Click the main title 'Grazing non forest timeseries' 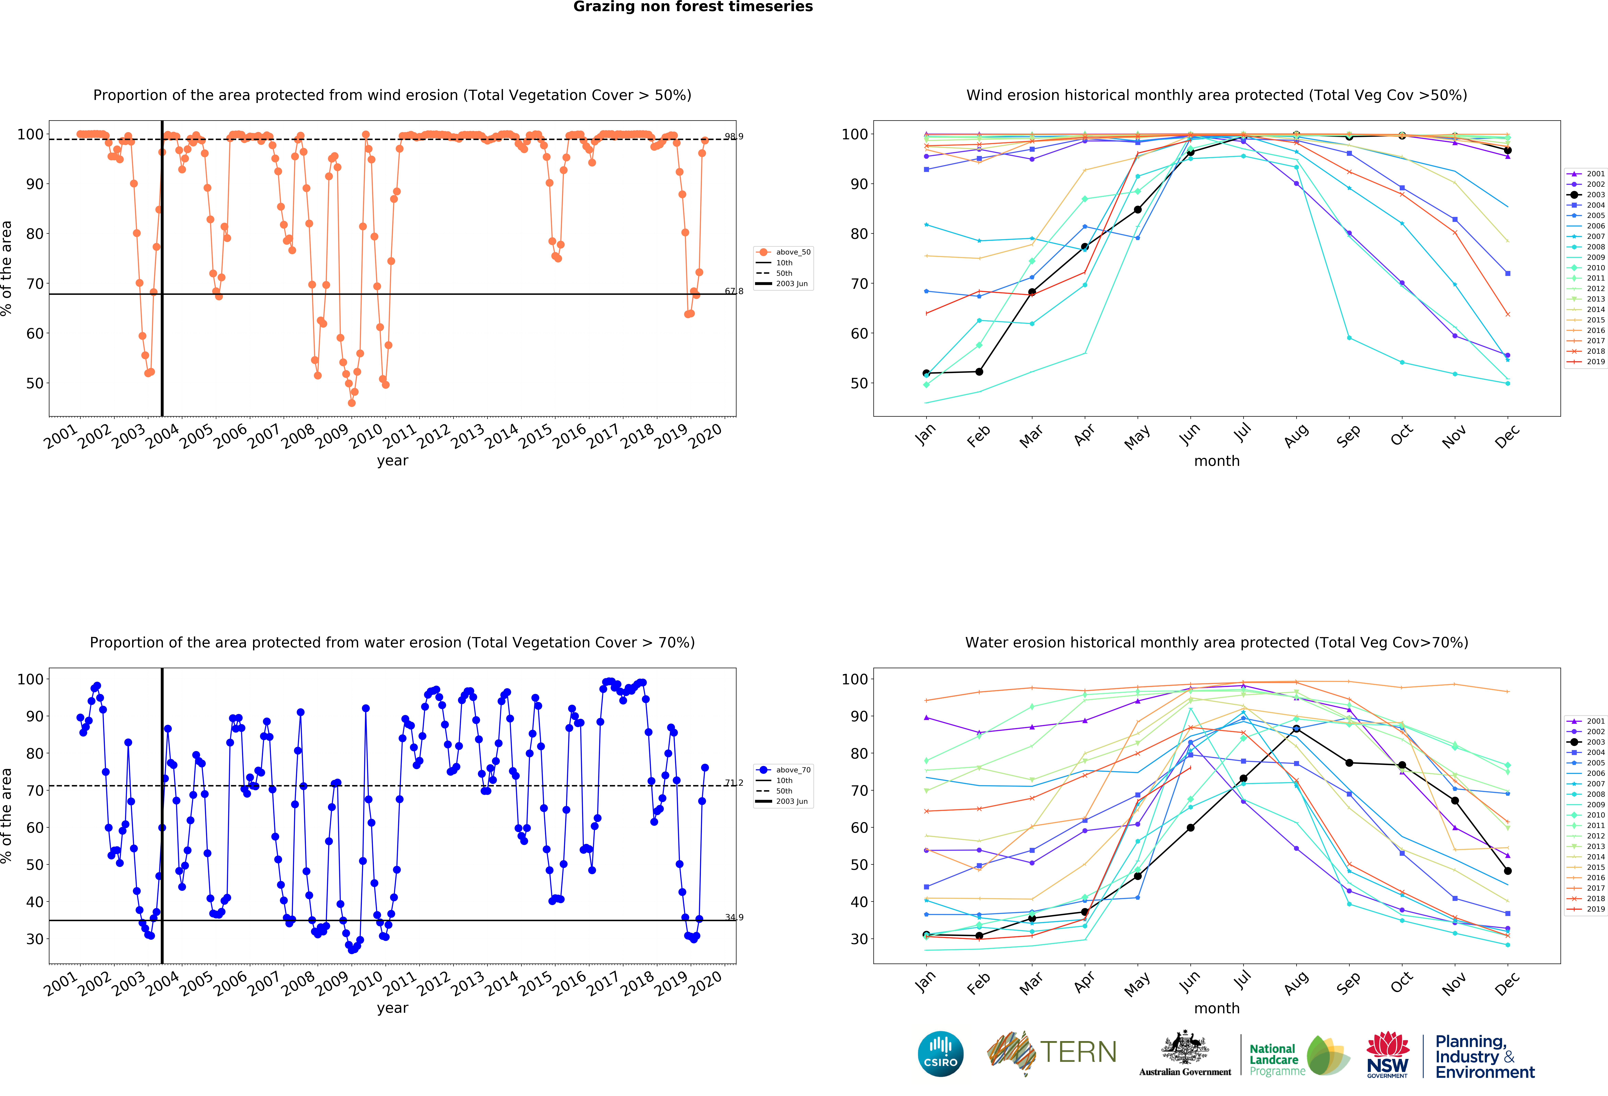coord(693,7)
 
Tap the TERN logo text coord(1078,1052)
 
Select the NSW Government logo coord(1387,1054)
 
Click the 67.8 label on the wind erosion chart coord(733,291)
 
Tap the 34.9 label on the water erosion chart coord(733,918)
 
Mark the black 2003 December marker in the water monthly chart coord(1508,871)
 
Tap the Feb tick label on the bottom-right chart coord(978,983)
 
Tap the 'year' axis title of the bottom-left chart coord(392,1008)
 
